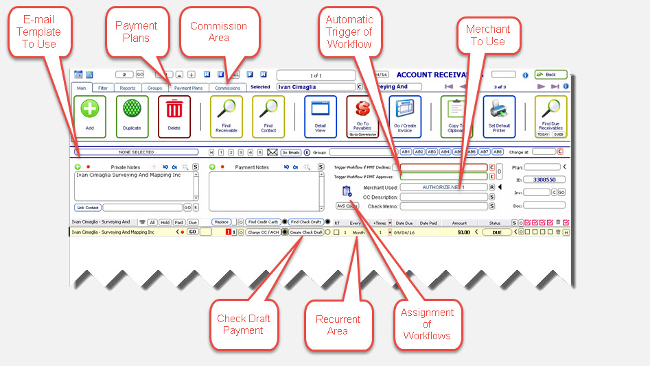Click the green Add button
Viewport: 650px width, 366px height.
tap(90, 116)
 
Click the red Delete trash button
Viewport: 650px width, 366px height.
tap(174, 116)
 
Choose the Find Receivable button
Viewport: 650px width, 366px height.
tap(227, 116)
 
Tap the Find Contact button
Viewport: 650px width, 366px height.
tap(268, 116)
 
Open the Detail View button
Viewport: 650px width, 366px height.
tap(321, 116)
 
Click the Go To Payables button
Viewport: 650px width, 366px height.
tap(362, 116)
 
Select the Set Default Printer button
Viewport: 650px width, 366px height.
tap(499, 116)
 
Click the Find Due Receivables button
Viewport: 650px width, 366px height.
tap(550, 116)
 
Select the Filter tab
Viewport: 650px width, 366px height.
tap(102, 88)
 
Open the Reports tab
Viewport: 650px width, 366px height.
tap(127, 88)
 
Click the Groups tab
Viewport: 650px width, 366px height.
tap(155, 88)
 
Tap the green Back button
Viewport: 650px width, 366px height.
tap(550, 75)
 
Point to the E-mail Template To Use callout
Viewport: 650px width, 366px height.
tap(38, 32)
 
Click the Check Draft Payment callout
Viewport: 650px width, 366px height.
tap(243, 324)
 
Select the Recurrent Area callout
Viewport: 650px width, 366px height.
tap(338, 325)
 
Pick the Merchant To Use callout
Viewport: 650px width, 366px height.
tap(488, 35)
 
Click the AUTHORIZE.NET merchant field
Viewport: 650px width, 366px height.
tap(443, 187)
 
